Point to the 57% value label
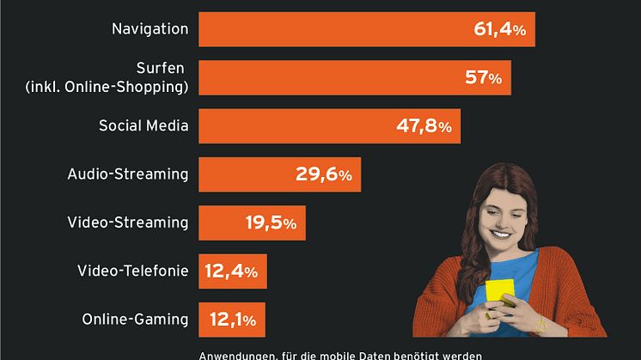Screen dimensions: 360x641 (482, 78)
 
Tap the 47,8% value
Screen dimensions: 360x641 (423, 126)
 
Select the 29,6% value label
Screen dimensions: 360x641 (323, 174)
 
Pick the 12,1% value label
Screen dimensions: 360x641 (232, 320)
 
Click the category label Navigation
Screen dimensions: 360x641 (150, 29)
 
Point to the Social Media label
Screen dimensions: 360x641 (143, 126)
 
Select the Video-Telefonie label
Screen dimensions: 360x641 (132, 272)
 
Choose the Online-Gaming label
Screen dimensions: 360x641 (135, 320)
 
